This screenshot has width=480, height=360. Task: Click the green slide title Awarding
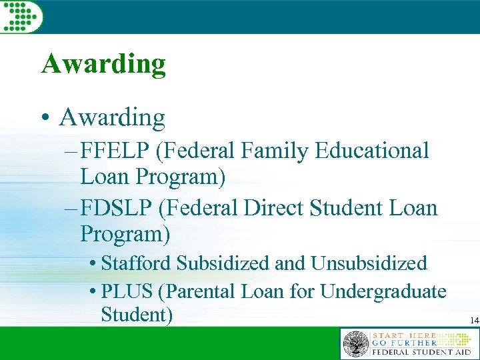[103, 65]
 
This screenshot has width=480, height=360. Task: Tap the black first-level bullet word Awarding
[112, 117]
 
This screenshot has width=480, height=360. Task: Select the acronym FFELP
[115, 151]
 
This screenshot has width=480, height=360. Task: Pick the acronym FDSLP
[116, 208]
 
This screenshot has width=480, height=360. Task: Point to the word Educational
[375, 151]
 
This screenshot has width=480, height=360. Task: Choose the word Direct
[273, 208]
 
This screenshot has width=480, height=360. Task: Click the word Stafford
[137, 263]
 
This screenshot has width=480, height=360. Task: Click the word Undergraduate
[383, 291]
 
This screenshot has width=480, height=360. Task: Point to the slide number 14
[474, 321]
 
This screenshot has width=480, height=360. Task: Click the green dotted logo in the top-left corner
[21, 15]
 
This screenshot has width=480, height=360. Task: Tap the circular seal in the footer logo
[355, 344]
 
